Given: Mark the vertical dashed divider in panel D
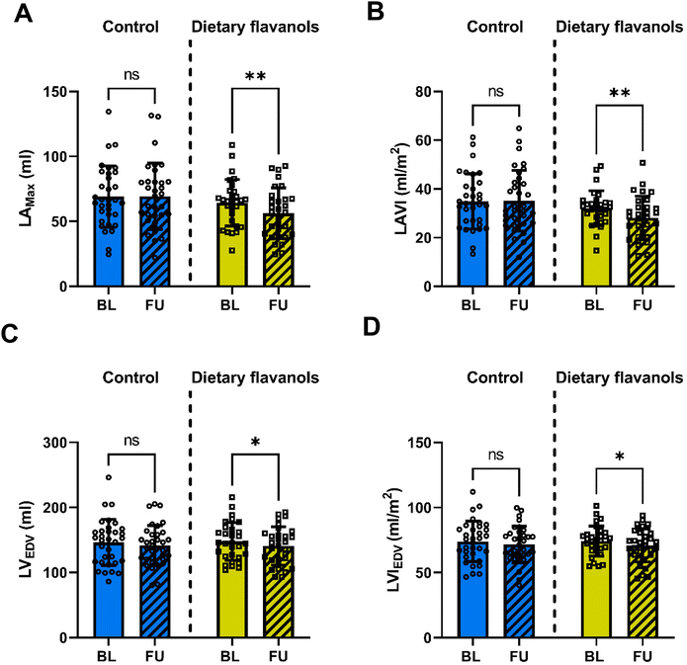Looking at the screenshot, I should [555, 514].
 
